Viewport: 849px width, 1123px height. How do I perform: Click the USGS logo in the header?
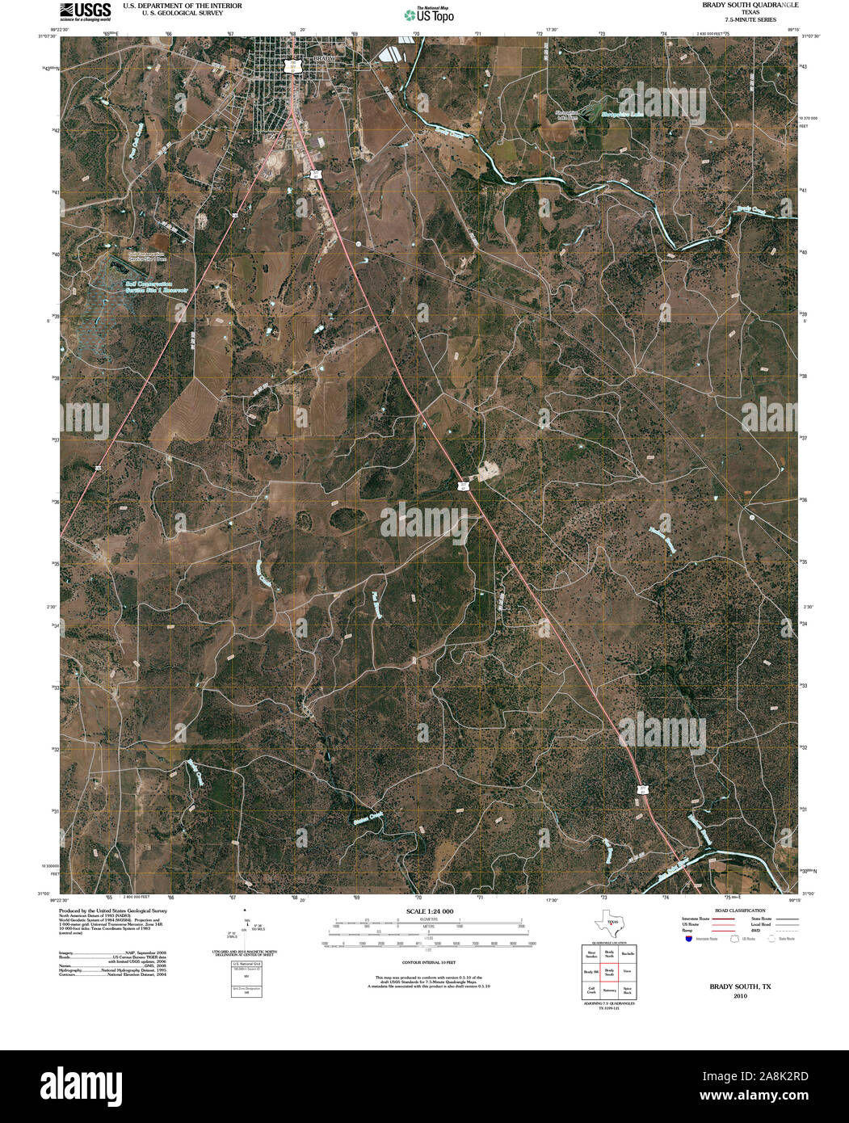click(86, 11)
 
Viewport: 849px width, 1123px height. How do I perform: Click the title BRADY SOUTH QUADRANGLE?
click(739, 5)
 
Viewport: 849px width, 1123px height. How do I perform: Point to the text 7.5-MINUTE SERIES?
click(739, 19)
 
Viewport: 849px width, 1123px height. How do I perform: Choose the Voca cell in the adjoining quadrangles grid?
click(627, 973)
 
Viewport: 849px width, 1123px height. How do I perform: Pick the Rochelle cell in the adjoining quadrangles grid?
click(627, 953)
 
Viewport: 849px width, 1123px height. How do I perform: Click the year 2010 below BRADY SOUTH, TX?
click(740, 997)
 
